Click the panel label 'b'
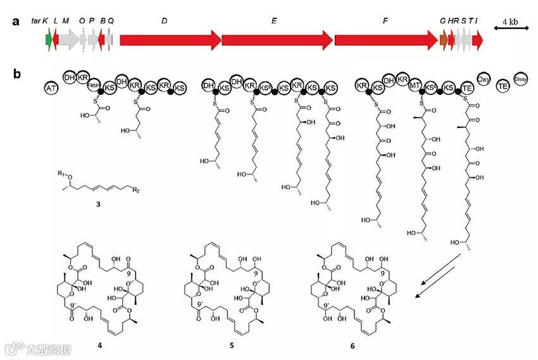point(17,74)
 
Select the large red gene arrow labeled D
point(170,40)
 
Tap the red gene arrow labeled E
point(277,40)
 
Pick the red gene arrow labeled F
point(385,40)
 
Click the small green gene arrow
point(49,40)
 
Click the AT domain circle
point(53,89)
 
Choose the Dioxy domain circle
point(520,78)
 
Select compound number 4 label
point(100,347)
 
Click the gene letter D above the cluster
point(164,22)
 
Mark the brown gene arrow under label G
point(444,40)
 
